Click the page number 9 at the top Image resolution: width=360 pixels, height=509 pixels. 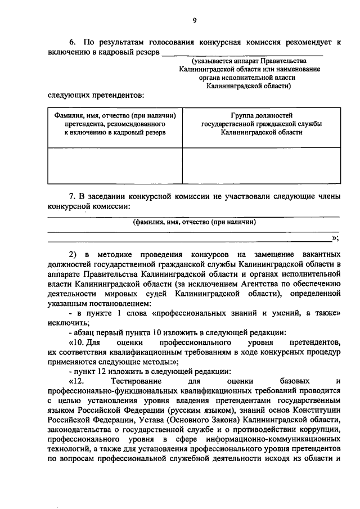pyautogui.click(x=193, y=21)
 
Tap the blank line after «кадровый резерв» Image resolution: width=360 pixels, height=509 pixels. pyautogui.click(x=242, y=54)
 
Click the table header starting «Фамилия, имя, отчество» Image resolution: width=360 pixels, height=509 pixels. pyautogui.click(x=115, y=123)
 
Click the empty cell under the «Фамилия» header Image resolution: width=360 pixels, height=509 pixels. pyautogui.click(x=115, y=166)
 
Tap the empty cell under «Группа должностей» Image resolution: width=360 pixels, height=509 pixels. pyautogui.click(x=262, y=166)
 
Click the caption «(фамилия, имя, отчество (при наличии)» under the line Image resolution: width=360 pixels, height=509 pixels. pyautogui.click(x=194, y=222)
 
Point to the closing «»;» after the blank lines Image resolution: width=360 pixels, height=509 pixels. pyautogui.click(x=336, y=238)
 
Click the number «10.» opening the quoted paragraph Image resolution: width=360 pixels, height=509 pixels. pyautogui.click(x=78, y=342)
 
